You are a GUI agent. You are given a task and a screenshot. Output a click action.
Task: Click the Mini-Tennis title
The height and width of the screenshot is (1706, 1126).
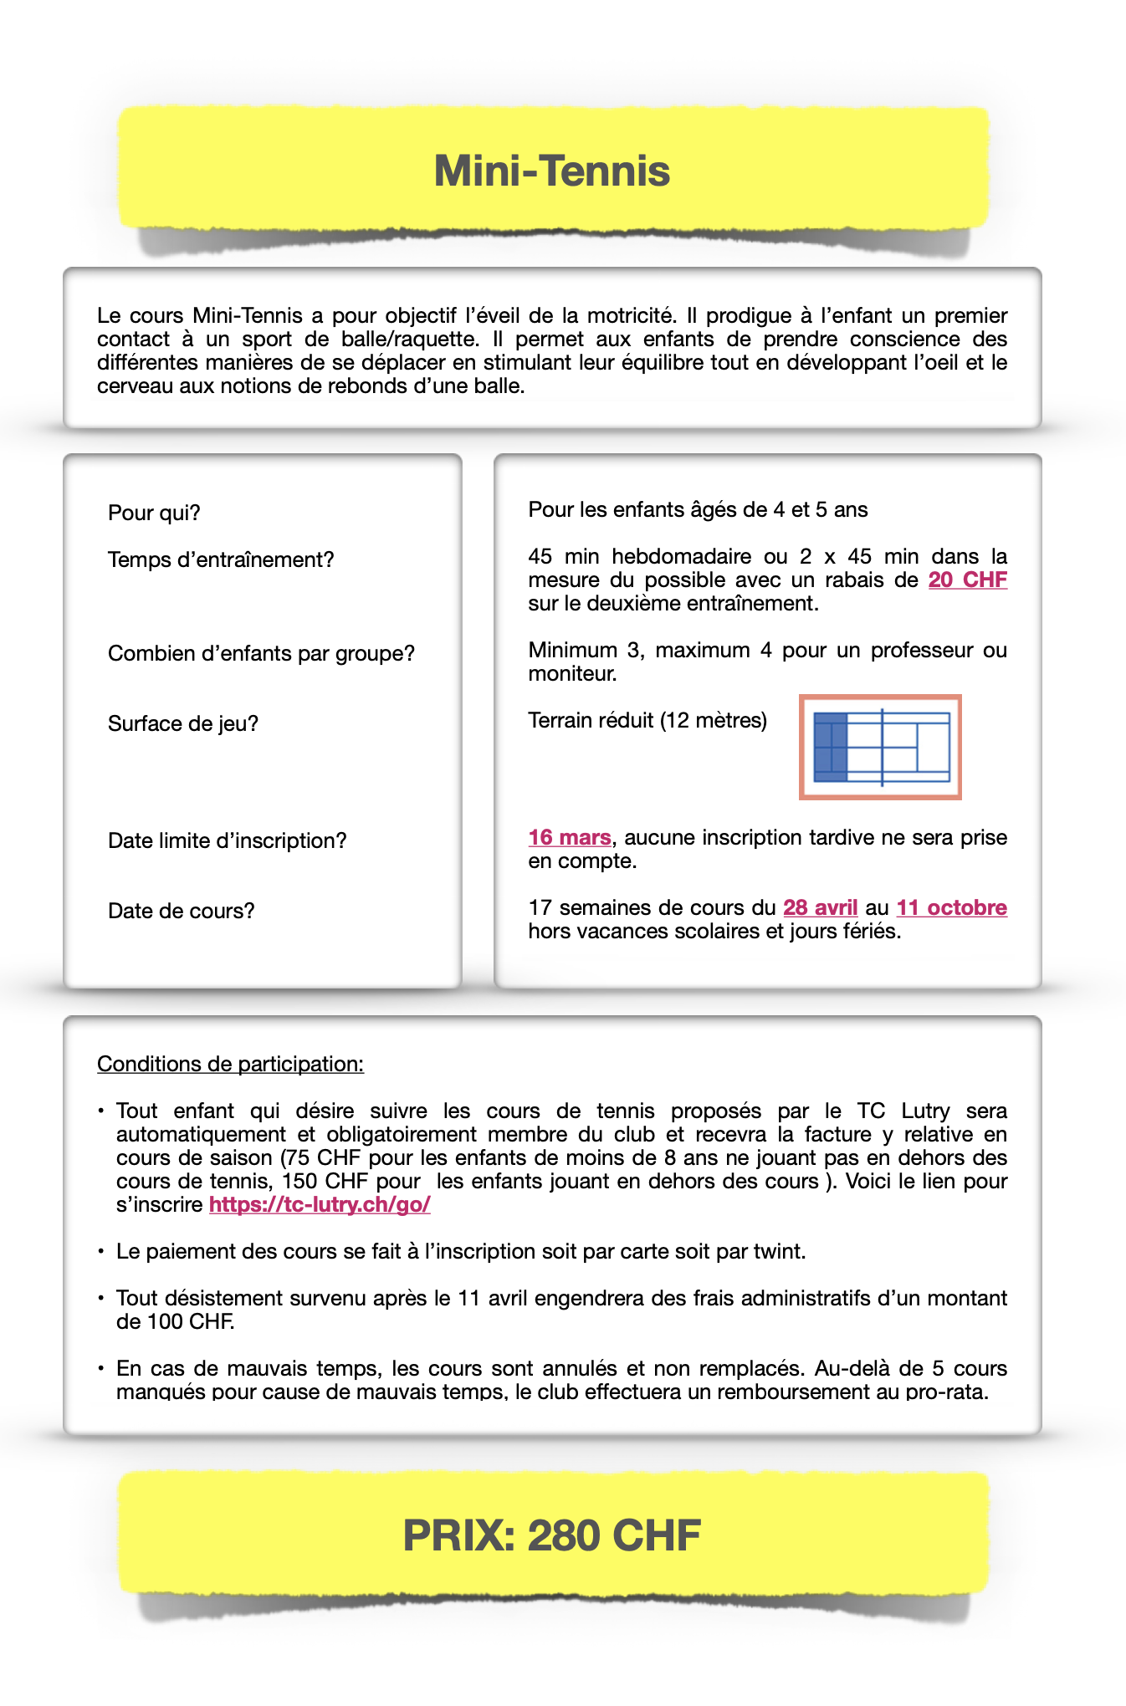[552, 171]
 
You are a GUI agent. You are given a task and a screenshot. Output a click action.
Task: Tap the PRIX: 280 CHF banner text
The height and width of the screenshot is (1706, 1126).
[552, 1535]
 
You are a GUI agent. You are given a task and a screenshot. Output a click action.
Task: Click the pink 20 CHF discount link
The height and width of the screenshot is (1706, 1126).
[967, 580]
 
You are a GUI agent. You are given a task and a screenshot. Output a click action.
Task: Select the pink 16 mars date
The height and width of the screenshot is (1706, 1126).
[569, 837]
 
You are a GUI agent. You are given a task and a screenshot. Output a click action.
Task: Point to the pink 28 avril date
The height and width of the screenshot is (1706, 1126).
[820, 907]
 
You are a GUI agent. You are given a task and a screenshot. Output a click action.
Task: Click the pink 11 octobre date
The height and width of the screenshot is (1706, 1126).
[951, 907]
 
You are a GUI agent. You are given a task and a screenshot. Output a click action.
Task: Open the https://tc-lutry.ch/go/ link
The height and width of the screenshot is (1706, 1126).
[320, 1204]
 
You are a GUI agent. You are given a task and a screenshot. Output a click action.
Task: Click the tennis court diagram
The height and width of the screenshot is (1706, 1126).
[880, 747]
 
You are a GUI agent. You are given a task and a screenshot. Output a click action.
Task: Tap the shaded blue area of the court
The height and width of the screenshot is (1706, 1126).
[830, 747]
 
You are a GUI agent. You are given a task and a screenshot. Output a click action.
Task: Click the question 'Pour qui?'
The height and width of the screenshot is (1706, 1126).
[154, 513]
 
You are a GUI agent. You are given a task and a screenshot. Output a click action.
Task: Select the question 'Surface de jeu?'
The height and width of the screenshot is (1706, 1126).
[183, 723]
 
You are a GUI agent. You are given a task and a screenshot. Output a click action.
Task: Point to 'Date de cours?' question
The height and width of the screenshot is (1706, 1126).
[181, 911]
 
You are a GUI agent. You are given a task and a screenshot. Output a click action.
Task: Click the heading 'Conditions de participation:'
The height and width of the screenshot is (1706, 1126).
[230, 1064]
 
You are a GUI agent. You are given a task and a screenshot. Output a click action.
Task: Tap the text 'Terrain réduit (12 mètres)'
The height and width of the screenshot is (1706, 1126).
[647, 720]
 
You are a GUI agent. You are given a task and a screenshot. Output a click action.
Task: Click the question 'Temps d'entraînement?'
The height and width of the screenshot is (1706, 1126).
[221, 559]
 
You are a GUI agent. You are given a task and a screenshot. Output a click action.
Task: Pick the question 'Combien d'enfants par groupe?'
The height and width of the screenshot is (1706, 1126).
[261, 653]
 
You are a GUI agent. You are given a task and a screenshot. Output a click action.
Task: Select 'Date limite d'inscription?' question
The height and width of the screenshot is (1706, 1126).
[227, 840]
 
